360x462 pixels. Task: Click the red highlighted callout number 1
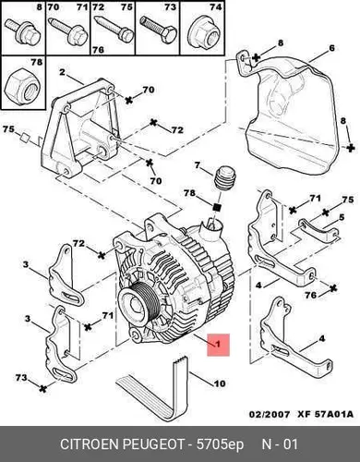218,344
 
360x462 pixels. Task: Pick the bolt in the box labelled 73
158,30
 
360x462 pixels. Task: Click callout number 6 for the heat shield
331,48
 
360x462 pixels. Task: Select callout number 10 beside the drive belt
219,383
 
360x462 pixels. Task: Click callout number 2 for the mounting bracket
62,72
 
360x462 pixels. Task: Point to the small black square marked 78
218,207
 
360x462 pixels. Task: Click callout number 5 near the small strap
342,218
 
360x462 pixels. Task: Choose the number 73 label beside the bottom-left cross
21,377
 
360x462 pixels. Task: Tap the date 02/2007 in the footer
270,414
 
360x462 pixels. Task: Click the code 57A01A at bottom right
333,414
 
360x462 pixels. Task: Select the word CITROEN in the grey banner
90,444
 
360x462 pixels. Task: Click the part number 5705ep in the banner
220,445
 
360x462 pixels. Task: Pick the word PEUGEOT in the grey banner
153,444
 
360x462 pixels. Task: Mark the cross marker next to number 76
333,288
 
